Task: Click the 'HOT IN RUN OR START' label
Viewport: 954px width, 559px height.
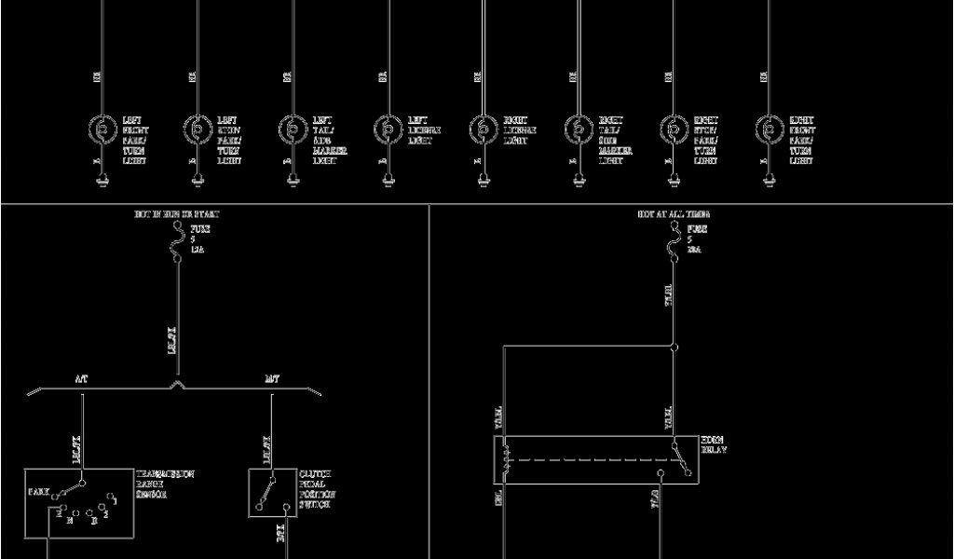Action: (177, 214)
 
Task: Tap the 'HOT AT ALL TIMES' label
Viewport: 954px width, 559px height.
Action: (674, 214)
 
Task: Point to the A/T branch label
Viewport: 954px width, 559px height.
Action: (82, 379)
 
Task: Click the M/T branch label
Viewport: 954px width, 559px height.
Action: (271, 379)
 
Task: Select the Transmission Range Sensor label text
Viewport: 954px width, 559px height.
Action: (165, 484)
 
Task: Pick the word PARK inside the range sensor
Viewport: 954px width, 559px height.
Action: (39, 490)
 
